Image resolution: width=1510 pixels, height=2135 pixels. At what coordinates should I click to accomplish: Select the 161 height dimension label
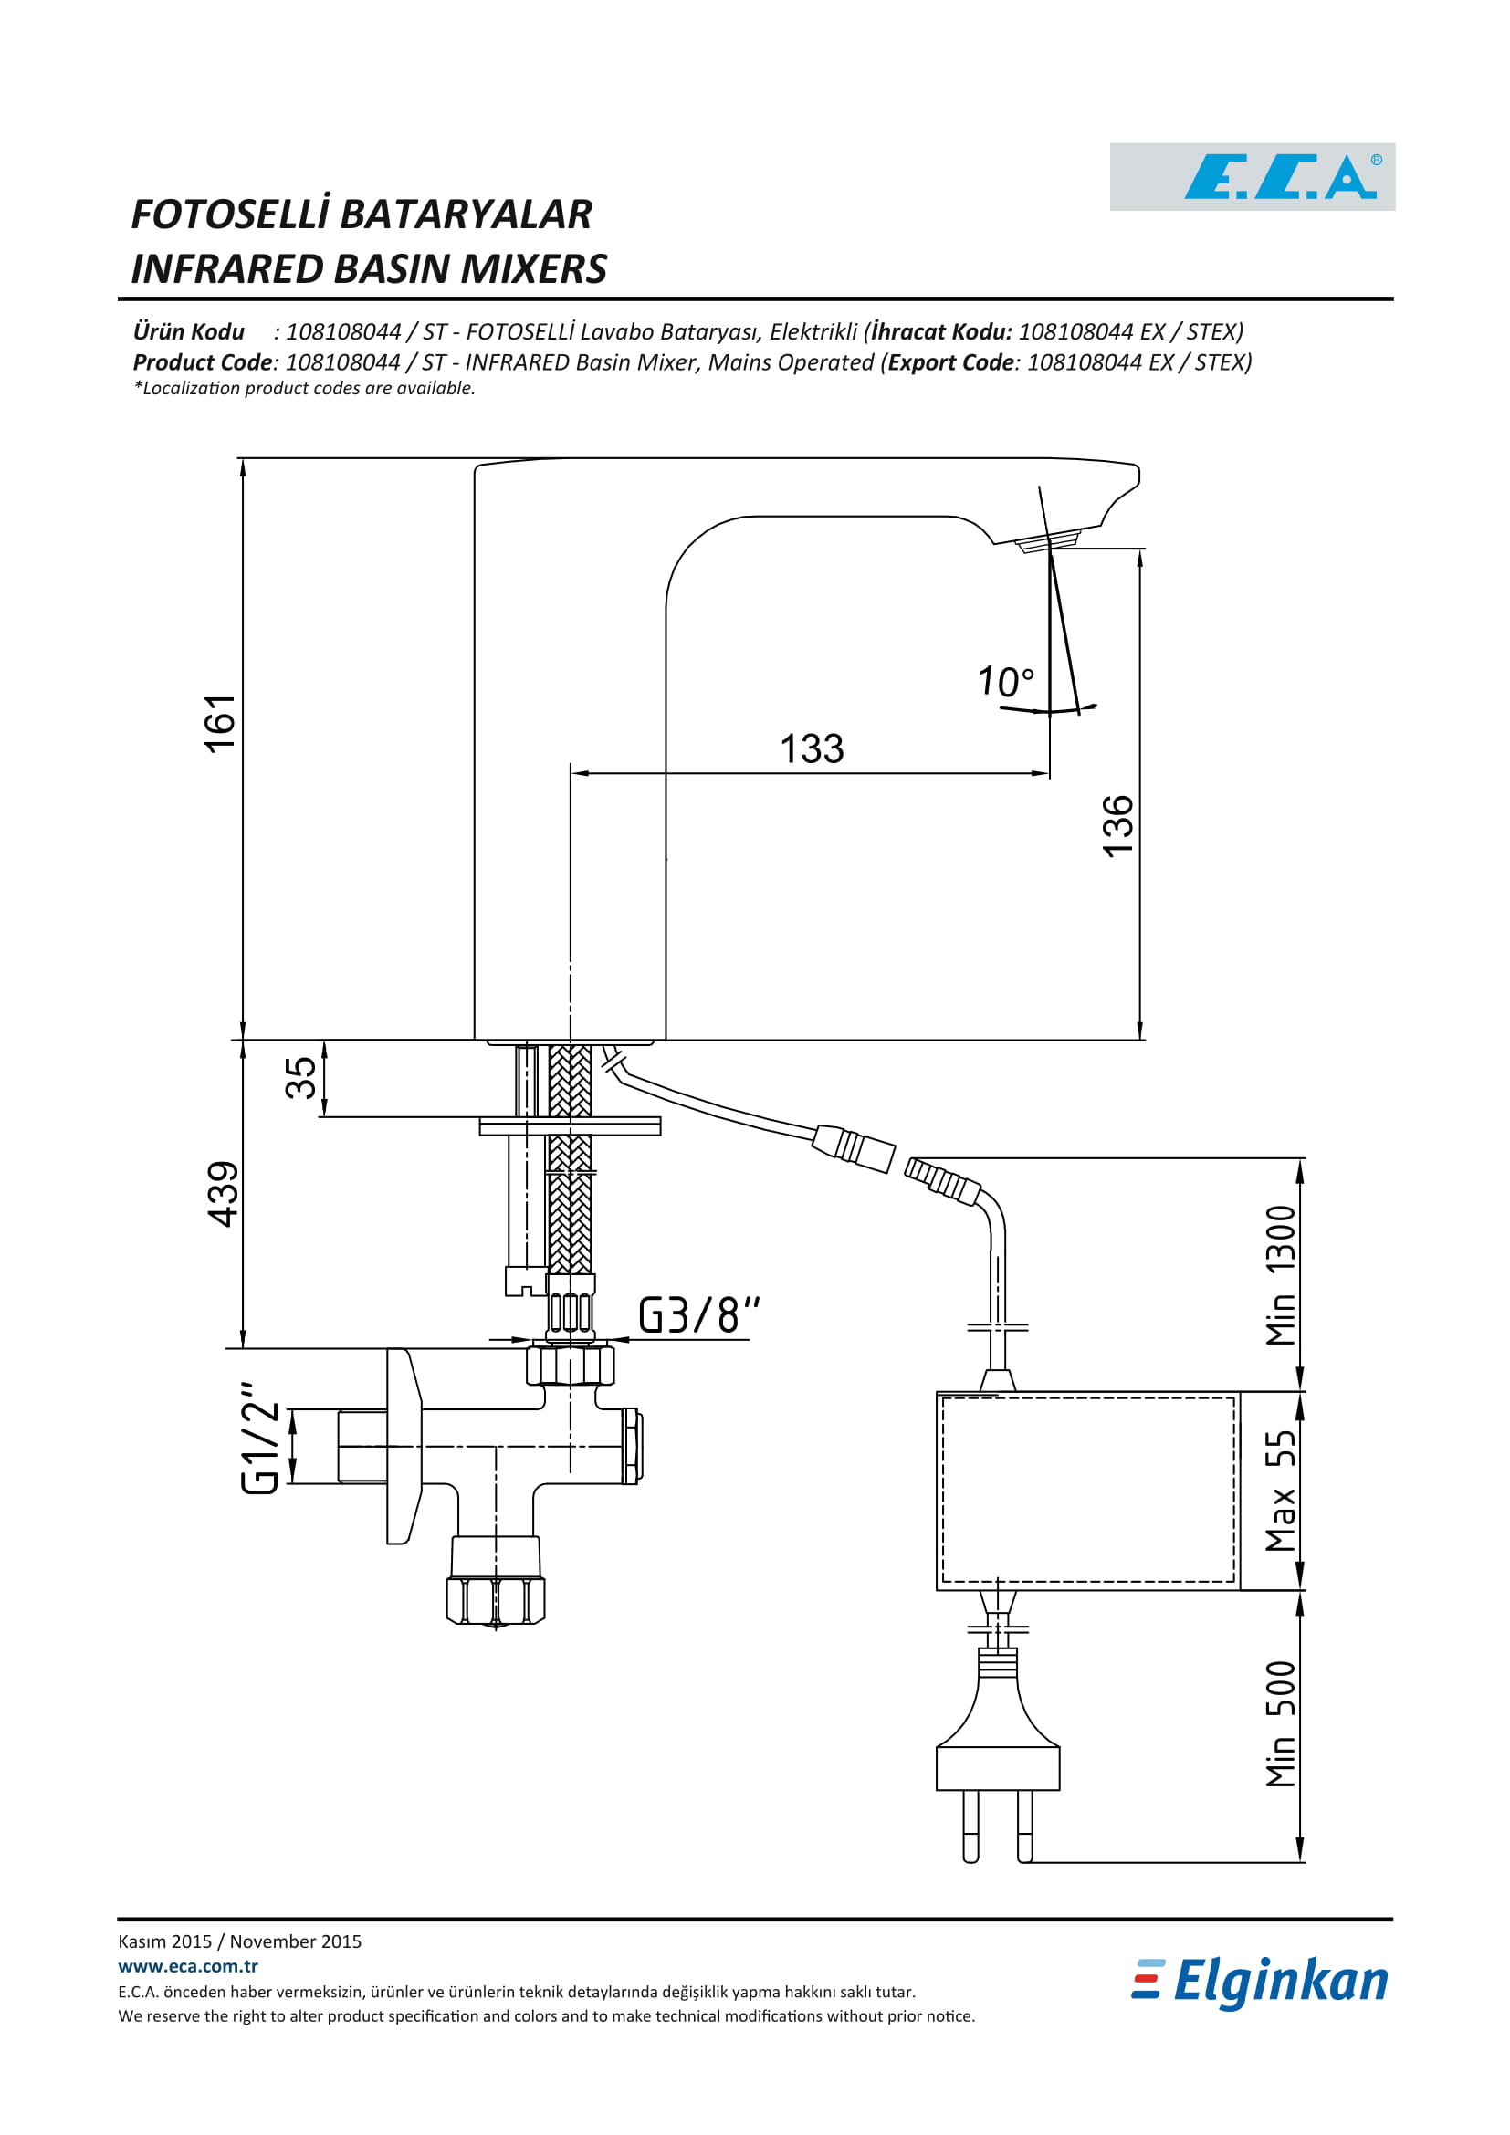click(220, 724)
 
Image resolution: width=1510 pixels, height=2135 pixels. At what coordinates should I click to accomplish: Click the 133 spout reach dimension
click(812, 748)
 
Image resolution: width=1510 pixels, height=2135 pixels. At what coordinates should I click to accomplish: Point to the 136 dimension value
click(1117, 826)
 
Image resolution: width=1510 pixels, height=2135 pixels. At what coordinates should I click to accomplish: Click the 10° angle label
click(1006, 682)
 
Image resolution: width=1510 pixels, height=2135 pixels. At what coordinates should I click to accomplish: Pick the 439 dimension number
click(223, 1195)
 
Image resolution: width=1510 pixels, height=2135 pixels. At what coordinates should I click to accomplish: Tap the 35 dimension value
click(300, 1079)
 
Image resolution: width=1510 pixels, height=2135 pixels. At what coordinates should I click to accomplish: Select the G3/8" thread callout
click(699, 1316)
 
